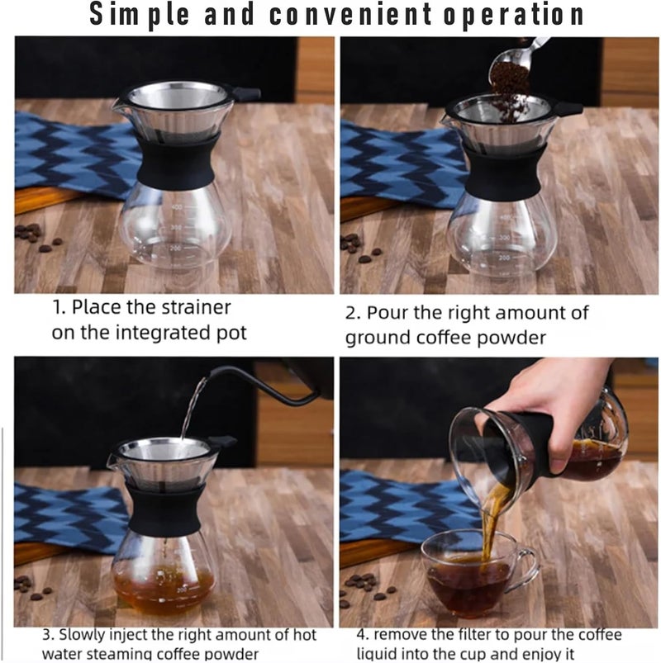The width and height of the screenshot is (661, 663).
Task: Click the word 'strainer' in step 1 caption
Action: tap(195, 308)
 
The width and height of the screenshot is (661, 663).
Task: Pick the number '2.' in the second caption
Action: tap(353, 313)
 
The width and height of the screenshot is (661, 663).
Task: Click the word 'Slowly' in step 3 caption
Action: tap(82, 636)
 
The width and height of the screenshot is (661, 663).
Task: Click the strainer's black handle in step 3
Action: tap(225, 443)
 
